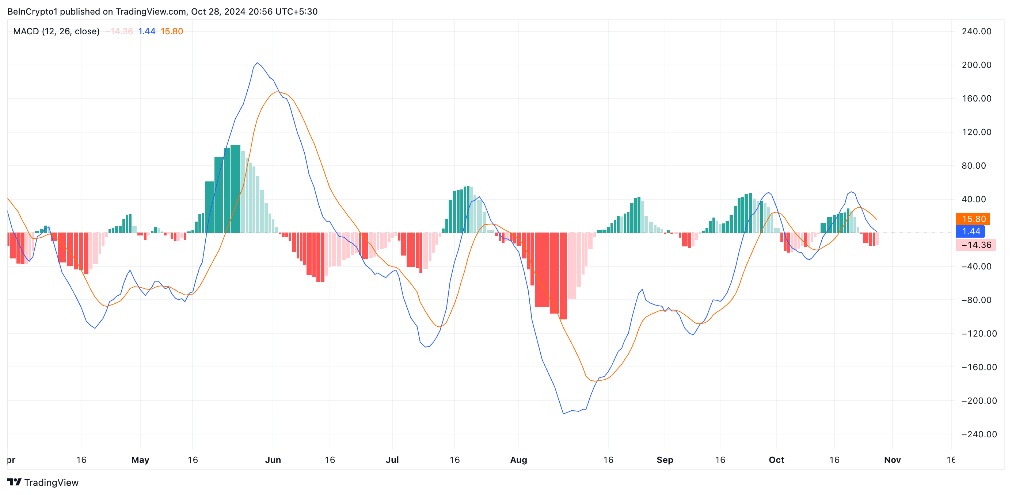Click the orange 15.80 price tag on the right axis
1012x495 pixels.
972,219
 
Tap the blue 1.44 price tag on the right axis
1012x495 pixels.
970,231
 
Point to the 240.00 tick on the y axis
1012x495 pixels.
976,31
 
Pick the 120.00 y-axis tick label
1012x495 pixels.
976,132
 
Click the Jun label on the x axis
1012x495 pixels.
273,460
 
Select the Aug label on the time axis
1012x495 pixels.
518,460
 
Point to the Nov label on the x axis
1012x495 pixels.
892,460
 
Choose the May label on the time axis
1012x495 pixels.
140,460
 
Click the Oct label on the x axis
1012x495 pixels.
776,460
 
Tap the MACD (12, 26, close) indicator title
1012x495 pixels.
56,31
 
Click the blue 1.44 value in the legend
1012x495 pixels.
147,31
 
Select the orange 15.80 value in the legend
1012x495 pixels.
172,31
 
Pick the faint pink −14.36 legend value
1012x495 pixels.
119,31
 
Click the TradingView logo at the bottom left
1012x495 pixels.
43,483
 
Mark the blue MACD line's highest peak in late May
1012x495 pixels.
257,63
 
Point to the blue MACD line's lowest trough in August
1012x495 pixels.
563,413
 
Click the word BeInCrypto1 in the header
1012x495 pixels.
32,11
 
